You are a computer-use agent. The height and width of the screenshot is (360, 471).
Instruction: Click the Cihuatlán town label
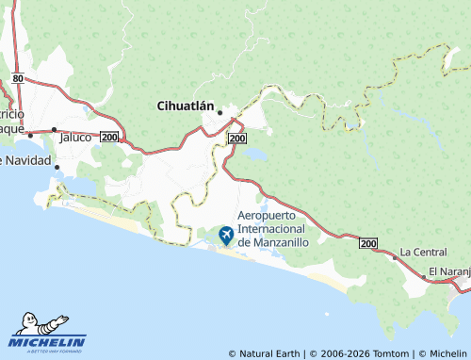coord(185,107)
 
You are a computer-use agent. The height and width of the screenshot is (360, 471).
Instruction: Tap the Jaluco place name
coord(75,137)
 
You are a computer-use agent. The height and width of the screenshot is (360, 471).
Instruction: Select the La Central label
coord(423,252)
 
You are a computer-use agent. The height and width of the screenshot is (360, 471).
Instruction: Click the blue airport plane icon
coord(226,234)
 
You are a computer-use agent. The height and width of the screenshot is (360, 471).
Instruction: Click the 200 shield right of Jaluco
coord(109,137)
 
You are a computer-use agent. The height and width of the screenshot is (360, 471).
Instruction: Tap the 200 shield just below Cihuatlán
coord(237,138)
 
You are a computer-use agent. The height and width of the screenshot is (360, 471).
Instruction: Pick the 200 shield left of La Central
coord(368,243)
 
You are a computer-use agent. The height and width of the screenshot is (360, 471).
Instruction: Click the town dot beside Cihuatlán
coord(219,113)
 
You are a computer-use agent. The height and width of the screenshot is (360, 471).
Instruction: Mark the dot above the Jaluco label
coord(55,129)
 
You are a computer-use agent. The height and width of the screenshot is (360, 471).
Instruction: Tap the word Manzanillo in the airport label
coord(295,242)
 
